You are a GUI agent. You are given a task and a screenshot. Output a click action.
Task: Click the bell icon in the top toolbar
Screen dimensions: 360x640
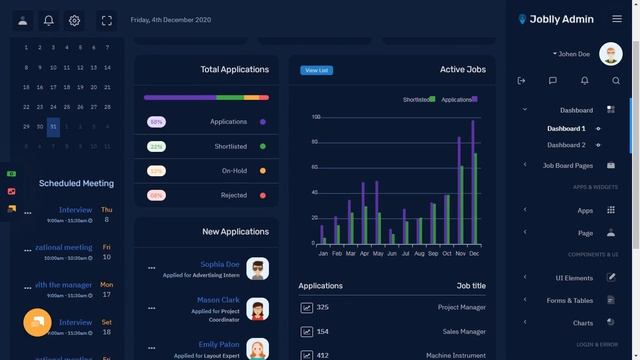(48, 20)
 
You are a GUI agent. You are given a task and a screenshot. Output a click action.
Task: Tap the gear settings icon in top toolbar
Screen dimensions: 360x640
(74, 20)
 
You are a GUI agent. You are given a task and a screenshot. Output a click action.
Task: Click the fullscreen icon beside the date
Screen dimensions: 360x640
(106, 20)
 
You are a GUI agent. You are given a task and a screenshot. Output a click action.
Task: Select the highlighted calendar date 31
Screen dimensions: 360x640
(53, 127)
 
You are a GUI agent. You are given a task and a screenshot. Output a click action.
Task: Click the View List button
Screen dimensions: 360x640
(316, 70)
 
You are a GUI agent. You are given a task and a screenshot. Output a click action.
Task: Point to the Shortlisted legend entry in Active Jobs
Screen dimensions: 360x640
(418, 100)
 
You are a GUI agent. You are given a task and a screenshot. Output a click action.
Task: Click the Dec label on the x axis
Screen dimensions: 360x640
(474, 254)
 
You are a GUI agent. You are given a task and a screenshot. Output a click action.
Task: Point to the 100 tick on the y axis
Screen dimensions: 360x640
(315, 117)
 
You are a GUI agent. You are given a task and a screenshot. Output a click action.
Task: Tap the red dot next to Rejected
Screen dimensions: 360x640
(262, 195)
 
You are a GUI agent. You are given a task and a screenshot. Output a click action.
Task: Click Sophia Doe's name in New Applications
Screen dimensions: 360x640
(219, 264)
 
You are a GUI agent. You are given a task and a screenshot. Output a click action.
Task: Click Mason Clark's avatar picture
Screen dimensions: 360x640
(258, 307)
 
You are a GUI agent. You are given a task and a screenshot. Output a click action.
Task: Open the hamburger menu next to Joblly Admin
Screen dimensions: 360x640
(616, 19)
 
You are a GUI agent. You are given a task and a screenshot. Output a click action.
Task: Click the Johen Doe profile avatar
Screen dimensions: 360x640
(610, 54)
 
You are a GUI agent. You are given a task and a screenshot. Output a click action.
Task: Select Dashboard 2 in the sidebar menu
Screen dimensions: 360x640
(566, 145)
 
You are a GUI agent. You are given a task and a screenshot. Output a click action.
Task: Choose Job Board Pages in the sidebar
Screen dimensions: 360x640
(567, 165)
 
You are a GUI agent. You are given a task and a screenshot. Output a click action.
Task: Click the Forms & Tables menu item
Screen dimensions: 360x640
(569, 300)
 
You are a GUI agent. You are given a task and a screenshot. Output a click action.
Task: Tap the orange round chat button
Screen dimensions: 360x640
(37, 323)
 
